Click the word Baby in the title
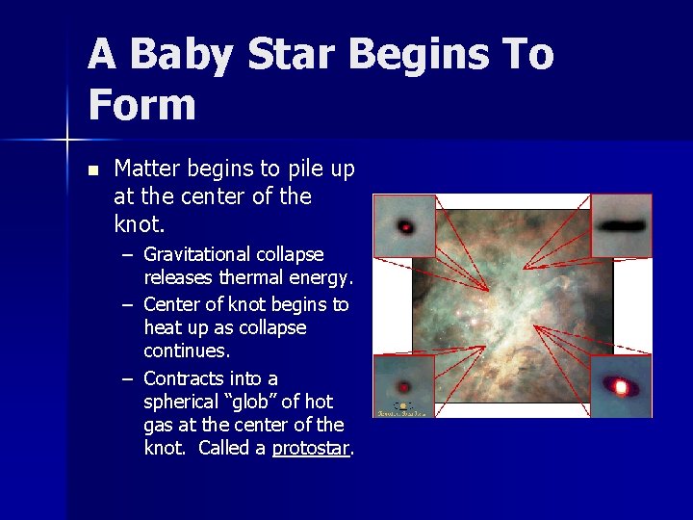click(181, 56)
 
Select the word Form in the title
click(141, 104)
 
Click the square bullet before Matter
click(92, 170)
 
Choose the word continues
click(186, 351)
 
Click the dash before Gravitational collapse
click(127, 255)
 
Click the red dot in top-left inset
click(406, 228)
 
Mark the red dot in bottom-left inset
click(404, 387)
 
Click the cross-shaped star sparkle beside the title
click(66, 141)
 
